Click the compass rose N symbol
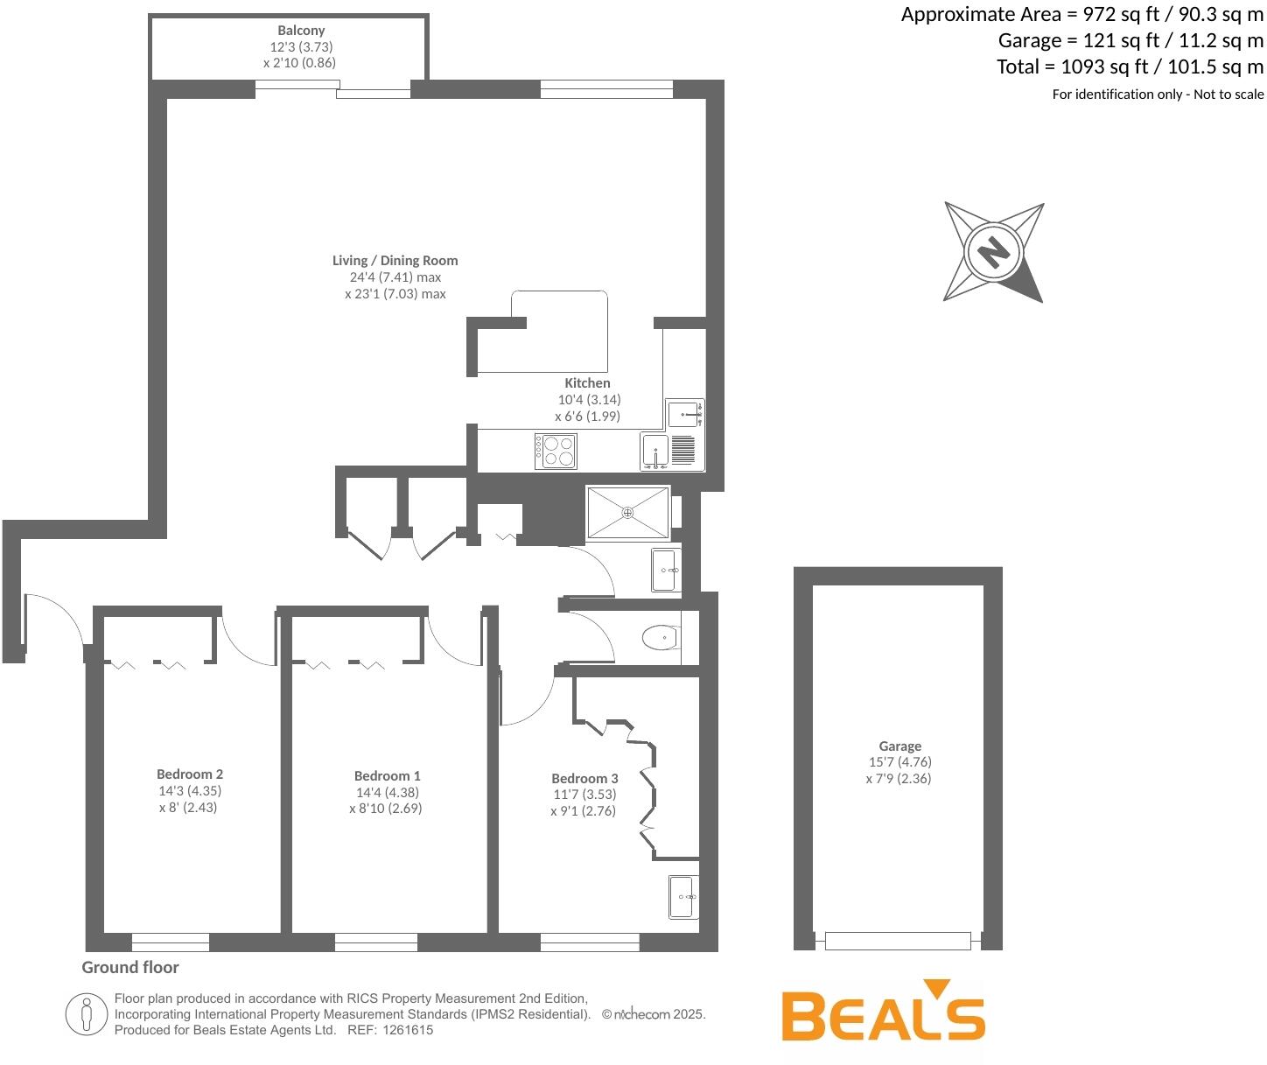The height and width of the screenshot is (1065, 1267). coord(993,252)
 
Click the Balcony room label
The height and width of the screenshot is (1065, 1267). coord(301,31)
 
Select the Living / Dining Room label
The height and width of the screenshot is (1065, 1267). coord(395,260)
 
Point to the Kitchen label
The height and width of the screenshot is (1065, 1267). coord(587,383)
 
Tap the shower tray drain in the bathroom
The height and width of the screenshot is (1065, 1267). coord(627,512)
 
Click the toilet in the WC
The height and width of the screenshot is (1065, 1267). coord(661,638)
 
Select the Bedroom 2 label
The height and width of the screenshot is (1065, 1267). coord(190,774)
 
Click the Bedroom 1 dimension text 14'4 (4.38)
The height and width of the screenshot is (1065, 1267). coord(387,792)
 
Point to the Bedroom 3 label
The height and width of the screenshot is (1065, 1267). coord(584,778)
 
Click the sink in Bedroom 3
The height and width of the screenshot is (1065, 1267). coord(684,897)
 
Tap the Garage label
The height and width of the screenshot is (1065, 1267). coord(899,746)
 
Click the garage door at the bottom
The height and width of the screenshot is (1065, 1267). coord(898,941)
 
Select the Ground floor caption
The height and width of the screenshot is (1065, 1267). coord(130,967)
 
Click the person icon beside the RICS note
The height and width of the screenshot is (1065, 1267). coord(86,1014)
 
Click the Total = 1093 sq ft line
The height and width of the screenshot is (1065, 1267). coord(1130,67)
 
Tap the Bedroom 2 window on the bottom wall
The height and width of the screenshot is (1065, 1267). coord(171,942)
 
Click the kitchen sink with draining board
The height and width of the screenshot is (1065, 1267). coord(670,451)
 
